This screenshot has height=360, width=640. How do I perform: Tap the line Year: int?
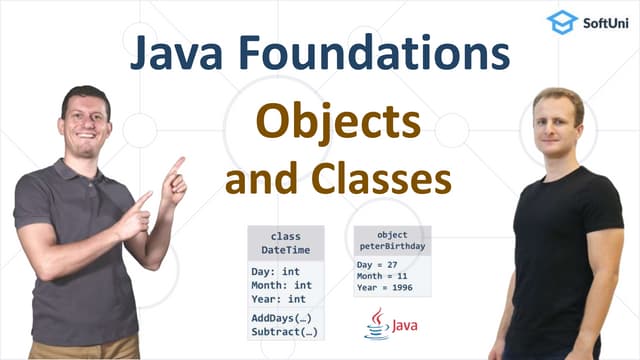pyautogui.click(x=279, y=297)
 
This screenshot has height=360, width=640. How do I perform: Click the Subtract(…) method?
pyautogui.click(x=285, y=331)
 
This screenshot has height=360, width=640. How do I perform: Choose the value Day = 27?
pyautogui.click(x=379, y=265)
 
